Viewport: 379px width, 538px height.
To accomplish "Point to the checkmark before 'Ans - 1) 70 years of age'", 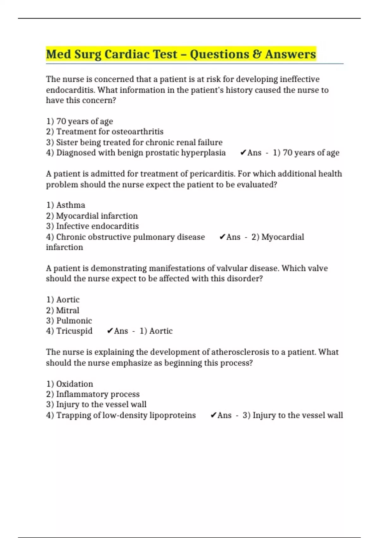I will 243,153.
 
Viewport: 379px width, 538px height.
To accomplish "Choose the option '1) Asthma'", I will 66,205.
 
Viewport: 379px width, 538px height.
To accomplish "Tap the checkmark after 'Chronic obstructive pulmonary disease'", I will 222,237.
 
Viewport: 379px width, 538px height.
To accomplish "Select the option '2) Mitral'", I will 63,310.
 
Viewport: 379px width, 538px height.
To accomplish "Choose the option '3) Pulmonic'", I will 69,321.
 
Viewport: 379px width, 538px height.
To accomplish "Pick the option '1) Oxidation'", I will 69,384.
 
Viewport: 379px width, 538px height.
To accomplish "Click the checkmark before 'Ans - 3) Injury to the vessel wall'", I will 213,415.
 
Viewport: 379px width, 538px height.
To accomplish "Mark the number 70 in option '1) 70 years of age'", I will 61,121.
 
